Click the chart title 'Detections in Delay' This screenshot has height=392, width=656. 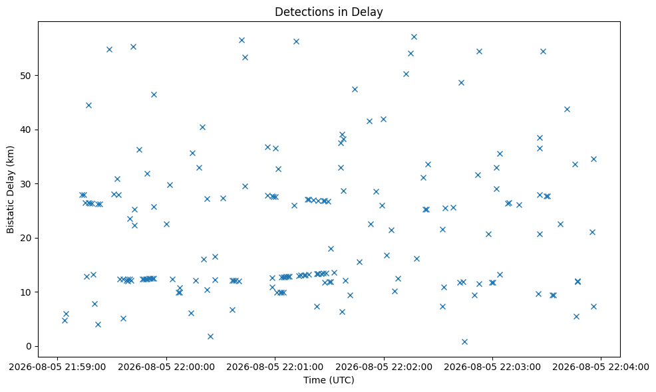(329, 12)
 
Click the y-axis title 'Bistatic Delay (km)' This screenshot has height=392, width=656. (10, 189)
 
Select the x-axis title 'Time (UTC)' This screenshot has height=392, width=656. (329, 380)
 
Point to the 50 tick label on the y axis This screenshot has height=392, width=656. (27, 76)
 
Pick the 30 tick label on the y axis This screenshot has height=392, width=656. (27, 184)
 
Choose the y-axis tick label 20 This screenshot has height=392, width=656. (27, 239)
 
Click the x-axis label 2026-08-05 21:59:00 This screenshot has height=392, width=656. (57, 367)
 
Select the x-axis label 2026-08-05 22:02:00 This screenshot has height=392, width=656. (384, 367)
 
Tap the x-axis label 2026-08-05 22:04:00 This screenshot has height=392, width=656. (601, 367)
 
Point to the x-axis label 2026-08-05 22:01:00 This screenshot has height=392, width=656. (275, 367)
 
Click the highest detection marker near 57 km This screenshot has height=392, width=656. (414, 37)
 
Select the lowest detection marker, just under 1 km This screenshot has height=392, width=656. (464, 342)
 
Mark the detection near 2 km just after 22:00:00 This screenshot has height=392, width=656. (210, 336)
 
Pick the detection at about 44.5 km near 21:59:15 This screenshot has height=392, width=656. (88, 106)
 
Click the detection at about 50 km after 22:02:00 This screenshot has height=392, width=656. (406, 74)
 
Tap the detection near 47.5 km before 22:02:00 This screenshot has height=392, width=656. (355, 90)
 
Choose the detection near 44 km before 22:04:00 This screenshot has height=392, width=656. (568, 110)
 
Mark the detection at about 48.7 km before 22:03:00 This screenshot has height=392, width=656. (462, 83)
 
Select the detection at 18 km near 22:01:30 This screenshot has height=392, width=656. (331, 249)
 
